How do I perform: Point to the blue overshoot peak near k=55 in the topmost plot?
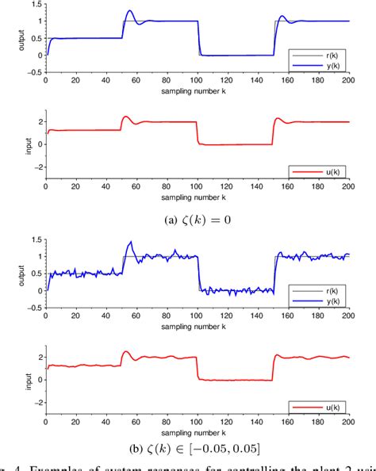130,11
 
